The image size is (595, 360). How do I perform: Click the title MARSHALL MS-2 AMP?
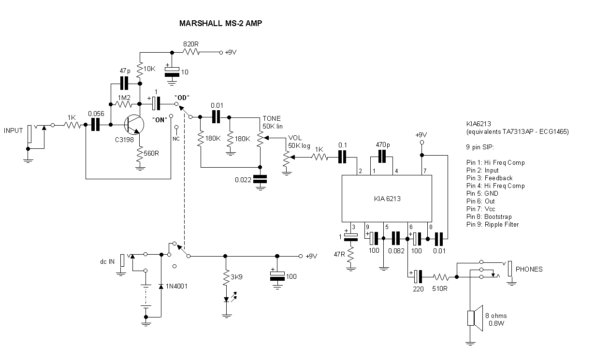[221, 23]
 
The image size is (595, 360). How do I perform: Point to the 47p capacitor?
[125, 83]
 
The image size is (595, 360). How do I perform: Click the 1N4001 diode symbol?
[160, 287]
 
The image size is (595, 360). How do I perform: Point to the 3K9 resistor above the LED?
[226, 278]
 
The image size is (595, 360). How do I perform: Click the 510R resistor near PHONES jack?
[441, 277]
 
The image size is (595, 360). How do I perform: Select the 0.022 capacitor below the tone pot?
[260, 179]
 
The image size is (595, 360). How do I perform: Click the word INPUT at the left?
[13, 130]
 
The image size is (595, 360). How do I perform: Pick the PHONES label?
[529, 269]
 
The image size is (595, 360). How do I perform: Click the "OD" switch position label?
[182, 96]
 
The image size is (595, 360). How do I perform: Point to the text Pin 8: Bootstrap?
[489, 217]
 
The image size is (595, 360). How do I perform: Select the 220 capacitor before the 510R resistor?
[417, 277]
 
